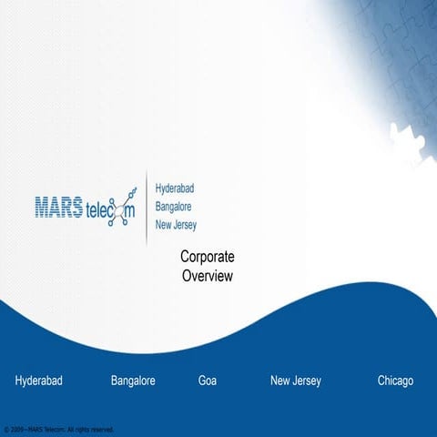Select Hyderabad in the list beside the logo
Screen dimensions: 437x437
click(174, 188)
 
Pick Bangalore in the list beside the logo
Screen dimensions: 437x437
click(172, 207)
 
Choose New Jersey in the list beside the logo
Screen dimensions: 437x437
click(175, 225)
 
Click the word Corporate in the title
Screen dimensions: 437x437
click(207, 258)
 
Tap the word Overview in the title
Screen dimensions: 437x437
click(207, 275)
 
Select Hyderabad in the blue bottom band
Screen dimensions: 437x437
click(38, 381)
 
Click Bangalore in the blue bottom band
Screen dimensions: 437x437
click(133, 381)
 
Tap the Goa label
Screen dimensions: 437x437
click(208, 381)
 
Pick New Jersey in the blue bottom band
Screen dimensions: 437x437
click(295, 381)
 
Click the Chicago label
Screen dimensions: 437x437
click(395, 381)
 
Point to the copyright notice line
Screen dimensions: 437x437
click(58, 429)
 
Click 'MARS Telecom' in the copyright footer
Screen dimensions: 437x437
click(46, 429)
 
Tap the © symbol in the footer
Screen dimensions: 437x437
click(6, 429)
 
